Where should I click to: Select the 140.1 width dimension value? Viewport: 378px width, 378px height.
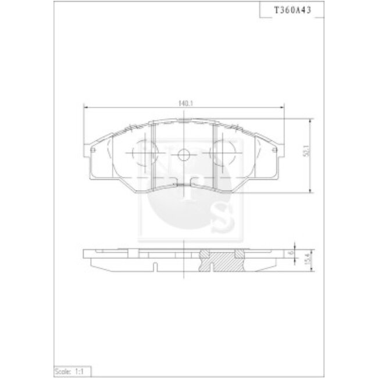click(x=186, y=103)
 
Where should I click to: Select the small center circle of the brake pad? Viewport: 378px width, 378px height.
click(x=183, y=155)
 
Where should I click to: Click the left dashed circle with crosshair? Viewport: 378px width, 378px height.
click(x=142, y=155)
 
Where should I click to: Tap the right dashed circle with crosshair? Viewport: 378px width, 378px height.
click(x=224, y=155)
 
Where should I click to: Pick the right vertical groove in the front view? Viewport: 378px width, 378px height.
click(x=216, y=155)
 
